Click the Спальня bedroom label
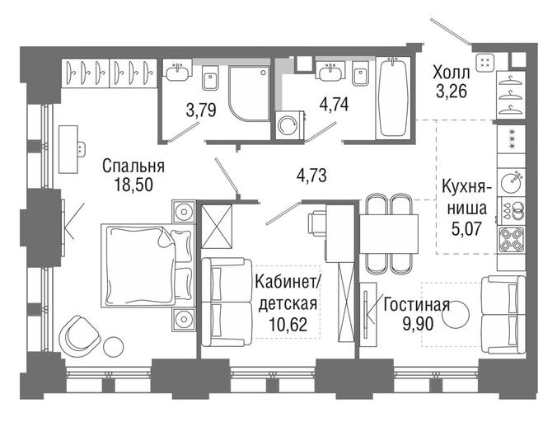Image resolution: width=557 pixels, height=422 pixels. tap(133, 166)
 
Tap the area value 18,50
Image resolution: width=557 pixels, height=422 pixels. tap(133, 185)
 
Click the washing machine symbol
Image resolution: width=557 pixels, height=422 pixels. tap(289, 124)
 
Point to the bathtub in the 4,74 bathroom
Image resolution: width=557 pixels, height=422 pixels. tap(392, 97)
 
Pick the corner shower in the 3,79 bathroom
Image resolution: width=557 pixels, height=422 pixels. tap(250, 93)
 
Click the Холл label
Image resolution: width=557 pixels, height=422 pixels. tap(452, 73)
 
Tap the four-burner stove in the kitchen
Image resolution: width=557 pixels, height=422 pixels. tap(512, 239)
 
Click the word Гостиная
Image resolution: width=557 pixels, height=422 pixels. tap(417, 305)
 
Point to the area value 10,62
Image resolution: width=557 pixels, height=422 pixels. tap(288, 324)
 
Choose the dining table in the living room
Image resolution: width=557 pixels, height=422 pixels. tap(389, 234)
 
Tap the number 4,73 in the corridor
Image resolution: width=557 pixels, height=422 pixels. tap(311, 176)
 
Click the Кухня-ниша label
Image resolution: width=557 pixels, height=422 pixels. tap(466, 198)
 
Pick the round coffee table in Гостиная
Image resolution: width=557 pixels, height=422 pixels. tap(456, 314)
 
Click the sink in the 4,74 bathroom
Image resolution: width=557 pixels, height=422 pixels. tap(331, 72)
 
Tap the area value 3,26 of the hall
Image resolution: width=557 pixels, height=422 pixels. tap(452, 92)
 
